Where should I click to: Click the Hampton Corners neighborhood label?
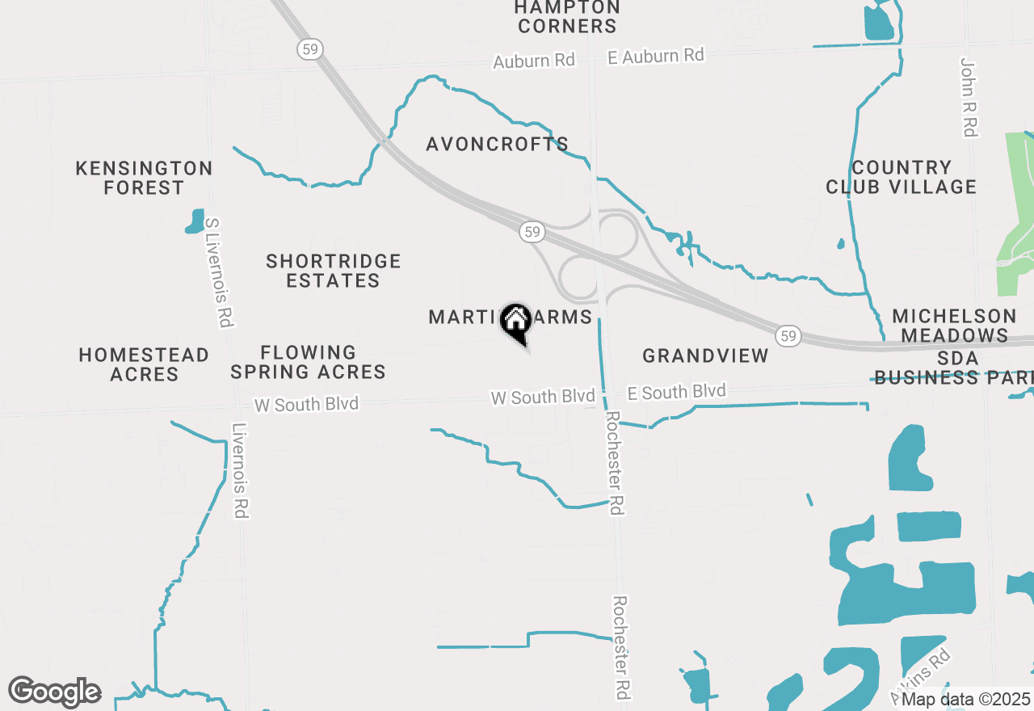567,16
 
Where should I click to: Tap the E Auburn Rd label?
656,56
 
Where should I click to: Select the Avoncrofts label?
498,145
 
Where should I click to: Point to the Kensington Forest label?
144,178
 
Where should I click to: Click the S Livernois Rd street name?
218,271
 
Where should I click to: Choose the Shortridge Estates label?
334,271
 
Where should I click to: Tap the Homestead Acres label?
144,364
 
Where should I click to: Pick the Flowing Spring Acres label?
309,362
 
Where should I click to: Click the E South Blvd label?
677,393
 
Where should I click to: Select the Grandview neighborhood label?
705,355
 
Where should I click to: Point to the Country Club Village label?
901,177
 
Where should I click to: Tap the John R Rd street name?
969,97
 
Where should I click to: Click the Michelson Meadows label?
954,326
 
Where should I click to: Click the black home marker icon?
515,322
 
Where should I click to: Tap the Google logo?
54,692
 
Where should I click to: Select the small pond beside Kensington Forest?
195,221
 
